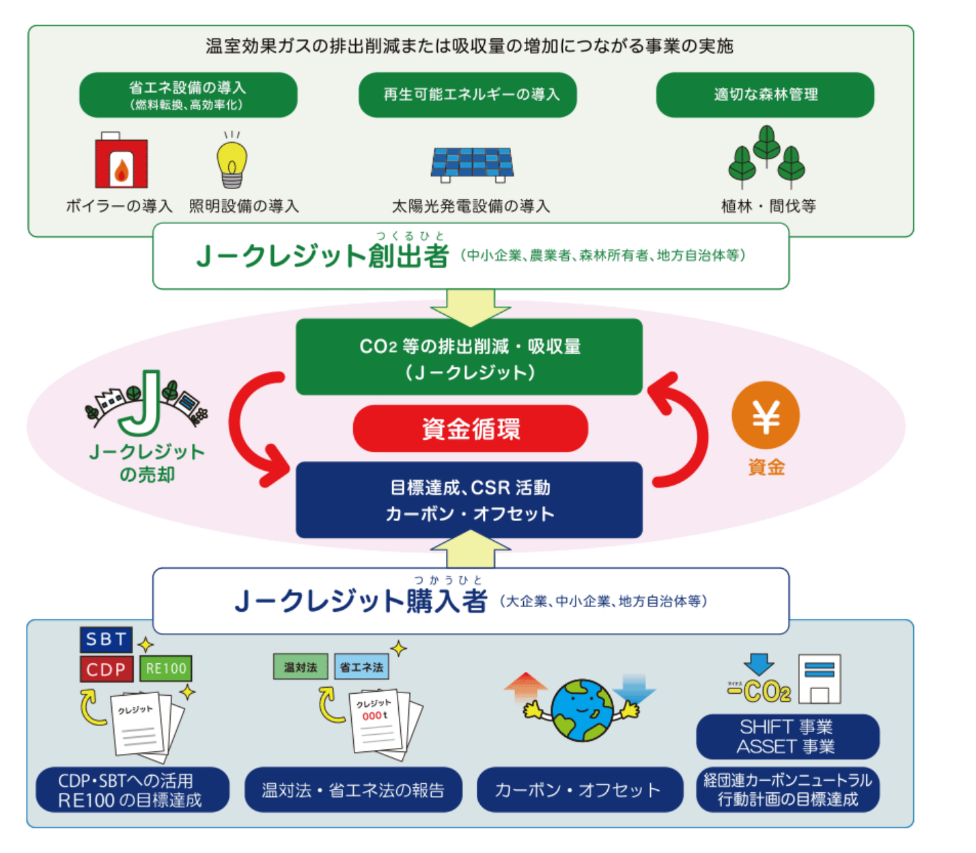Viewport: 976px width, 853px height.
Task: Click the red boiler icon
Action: (x=121, y=162)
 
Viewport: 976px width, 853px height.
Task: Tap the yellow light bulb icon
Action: (x=232, y=161)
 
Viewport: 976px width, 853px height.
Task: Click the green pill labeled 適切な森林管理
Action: (x=765, y=95)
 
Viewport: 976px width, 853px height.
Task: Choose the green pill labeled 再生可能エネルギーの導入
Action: (x=468, y=95)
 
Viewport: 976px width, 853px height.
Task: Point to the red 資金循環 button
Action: (x=471, y=429)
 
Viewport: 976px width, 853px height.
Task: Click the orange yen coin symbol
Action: (x=766, y=416)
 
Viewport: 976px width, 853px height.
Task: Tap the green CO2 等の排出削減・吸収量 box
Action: (x=469, y=358)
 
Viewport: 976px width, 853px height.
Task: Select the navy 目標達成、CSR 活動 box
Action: (x=469, y=500)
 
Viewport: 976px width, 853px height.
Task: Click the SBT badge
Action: (x=106, y=640)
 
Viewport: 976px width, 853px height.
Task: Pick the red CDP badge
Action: (x=106, y=669)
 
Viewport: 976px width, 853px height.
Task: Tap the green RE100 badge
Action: (x=165, y=669)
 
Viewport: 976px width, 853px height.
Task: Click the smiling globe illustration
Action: (x=581, y=710)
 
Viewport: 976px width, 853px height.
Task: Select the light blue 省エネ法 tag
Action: (x=361, y=667)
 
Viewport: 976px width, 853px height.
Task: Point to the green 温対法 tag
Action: (x=301, y=667)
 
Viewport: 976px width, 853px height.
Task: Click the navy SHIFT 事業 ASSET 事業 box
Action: (x=787, y=737)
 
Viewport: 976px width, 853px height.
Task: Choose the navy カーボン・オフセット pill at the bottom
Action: (x=579, y=790)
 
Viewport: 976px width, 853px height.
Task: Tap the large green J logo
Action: (x=143, y=405)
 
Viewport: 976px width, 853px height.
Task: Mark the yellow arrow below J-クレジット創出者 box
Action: (x=470, y=306)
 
